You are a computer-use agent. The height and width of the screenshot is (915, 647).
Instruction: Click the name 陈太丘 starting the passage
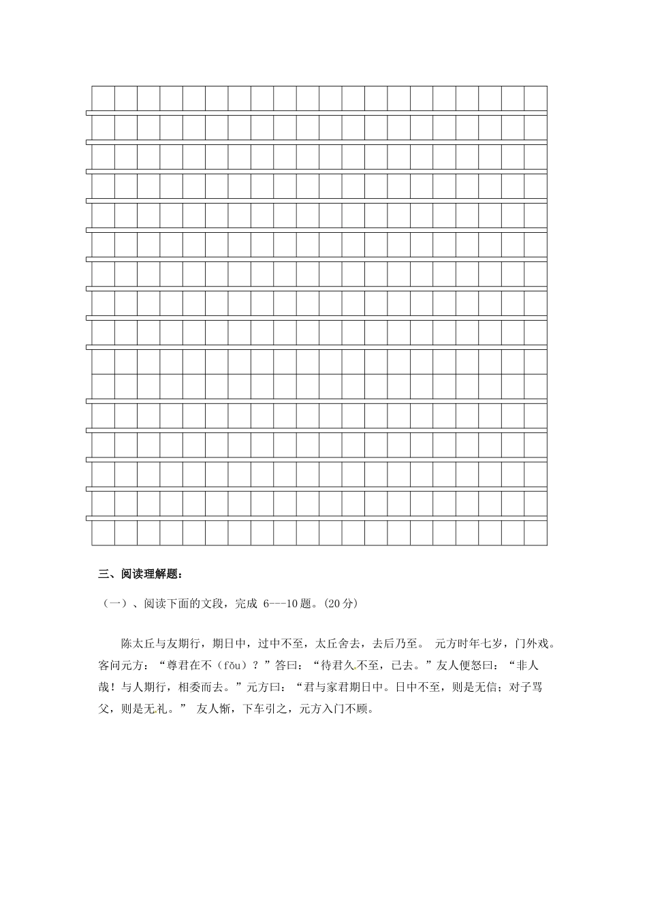coord(138,642)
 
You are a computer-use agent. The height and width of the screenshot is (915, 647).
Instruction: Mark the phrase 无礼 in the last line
coord(159,709)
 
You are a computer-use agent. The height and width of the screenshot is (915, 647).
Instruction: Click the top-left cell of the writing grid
coord(103,98)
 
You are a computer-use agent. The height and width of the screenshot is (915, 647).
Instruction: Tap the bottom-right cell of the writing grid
coord(536,533)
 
